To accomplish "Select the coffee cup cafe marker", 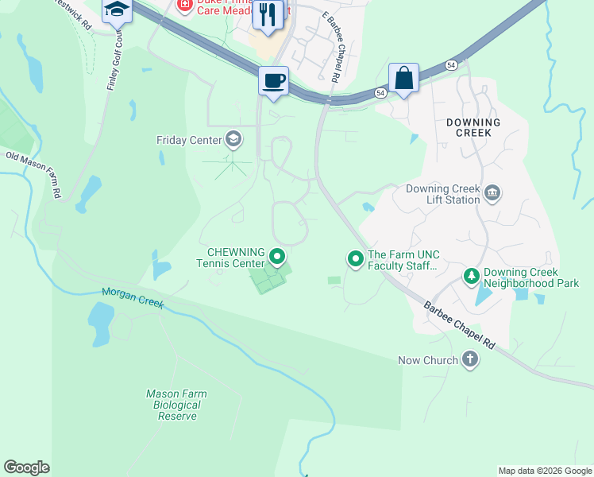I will [273, 81].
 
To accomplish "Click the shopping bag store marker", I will [403, 78].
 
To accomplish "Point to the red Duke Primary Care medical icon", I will [185, 6].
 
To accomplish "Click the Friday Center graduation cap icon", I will [233, 140].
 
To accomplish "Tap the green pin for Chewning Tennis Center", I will [277, 257].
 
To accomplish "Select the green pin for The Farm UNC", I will [355, 258].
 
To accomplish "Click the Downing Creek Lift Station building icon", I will [492, 193].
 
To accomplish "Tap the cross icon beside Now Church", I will [470, 360].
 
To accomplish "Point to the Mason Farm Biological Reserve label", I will [176, 405].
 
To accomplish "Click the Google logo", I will [26, 467].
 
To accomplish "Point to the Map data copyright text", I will [545, 471].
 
